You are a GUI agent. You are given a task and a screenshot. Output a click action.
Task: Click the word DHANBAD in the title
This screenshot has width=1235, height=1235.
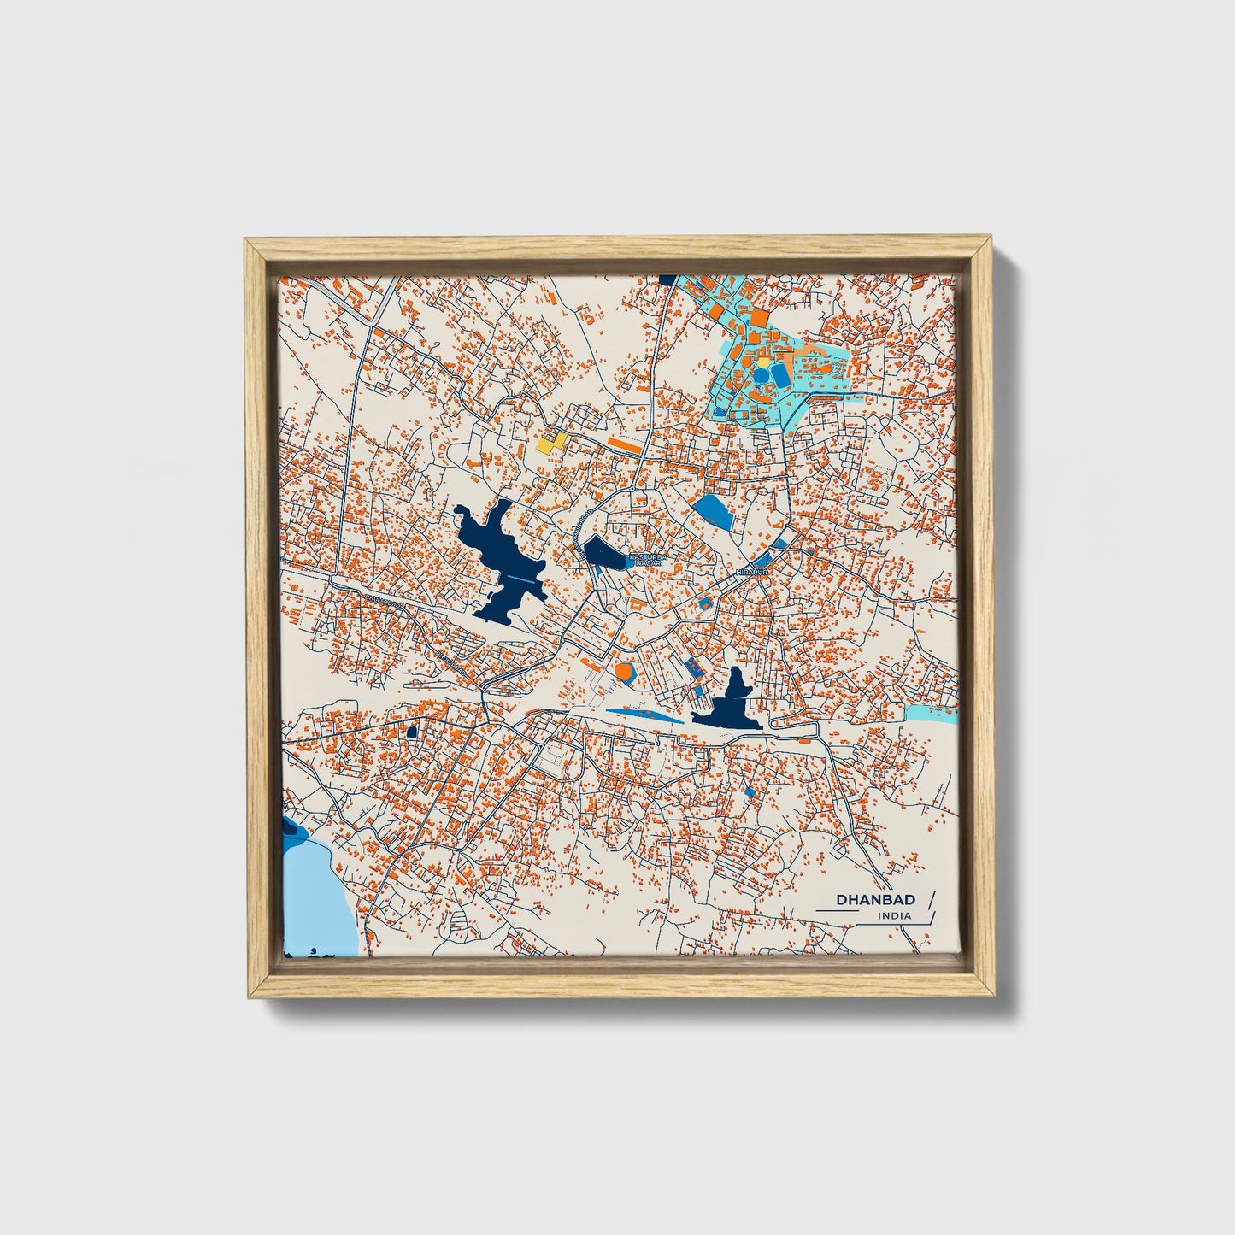point(875,899)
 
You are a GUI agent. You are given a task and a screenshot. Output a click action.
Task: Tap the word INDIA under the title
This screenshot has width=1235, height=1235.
point(894,916)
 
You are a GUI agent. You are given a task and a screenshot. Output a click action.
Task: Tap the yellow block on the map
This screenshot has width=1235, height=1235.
point(552,442)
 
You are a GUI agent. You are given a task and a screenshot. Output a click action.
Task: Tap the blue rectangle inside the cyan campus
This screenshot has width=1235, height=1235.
point(780,373)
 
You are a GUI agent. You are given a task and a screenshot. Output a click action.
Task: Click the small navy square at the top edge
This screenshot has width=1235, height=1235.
point(667,279)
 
